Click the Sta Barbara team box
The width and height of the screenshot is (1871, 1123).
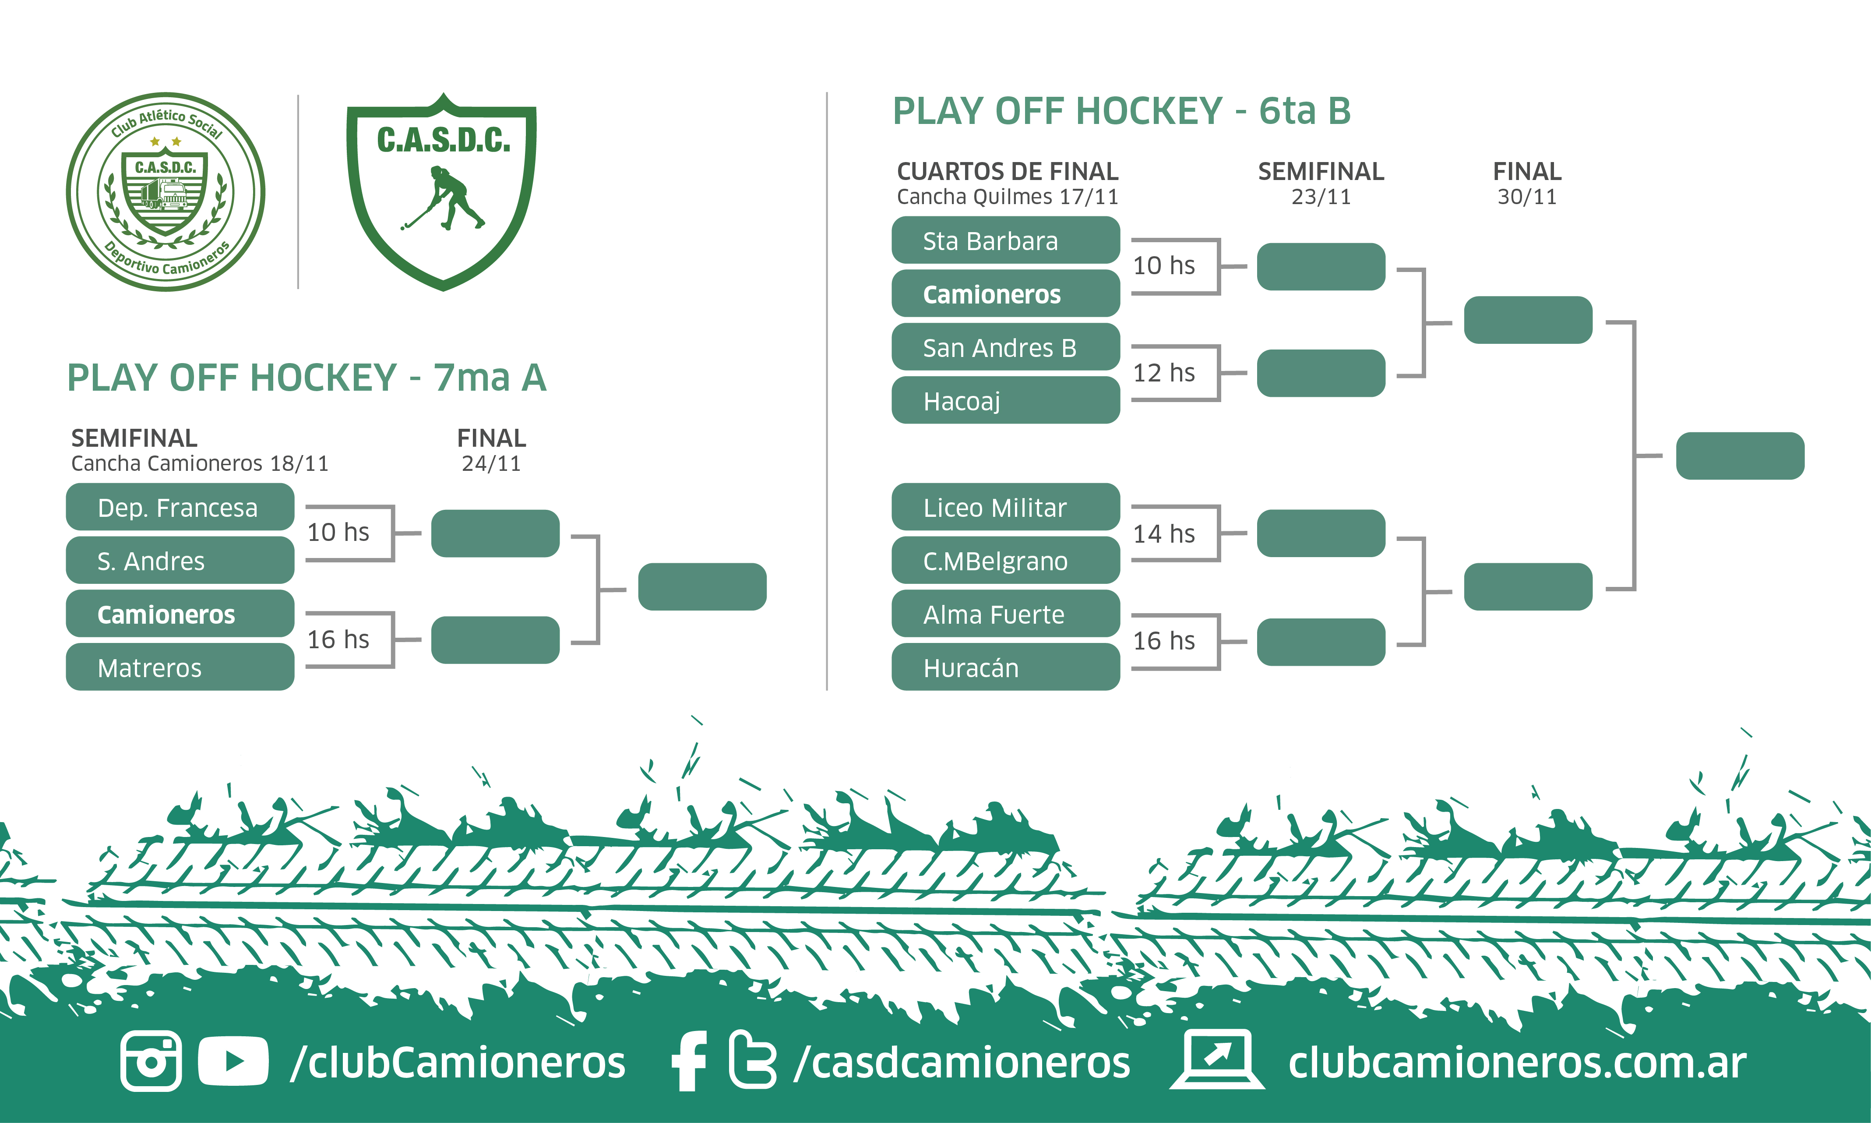coord(1005,240)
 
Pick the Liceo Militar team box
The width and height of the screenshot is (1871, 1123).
coord(1005,507)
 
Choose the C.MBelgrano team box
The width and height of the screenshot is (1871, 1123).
coord(1005,561)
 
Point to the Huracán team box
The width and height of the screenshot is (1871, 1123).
coord(1005,667)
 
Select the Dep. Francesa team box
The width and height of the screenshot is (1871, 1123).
coord(180,507)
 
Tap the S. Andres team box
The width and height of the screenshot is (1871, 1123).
coord(180,561)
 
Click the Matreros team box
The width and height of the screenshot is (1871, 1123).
coord(180,667)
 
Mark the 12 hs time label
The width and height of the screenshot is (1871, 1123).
coord(1163,372)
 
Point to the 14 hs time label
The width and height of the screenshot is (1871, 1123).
coord(1163,533)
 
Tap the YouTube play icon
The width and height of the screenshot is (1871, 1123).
coord(233,1061)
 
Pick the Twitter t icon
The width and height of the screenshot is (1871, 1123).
coord(753,1061)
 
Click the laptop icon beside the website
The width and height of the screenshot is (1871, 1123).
coord(1216,1059)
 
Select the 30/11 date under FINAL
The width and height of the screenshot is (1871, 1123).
coord(1527,197)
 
